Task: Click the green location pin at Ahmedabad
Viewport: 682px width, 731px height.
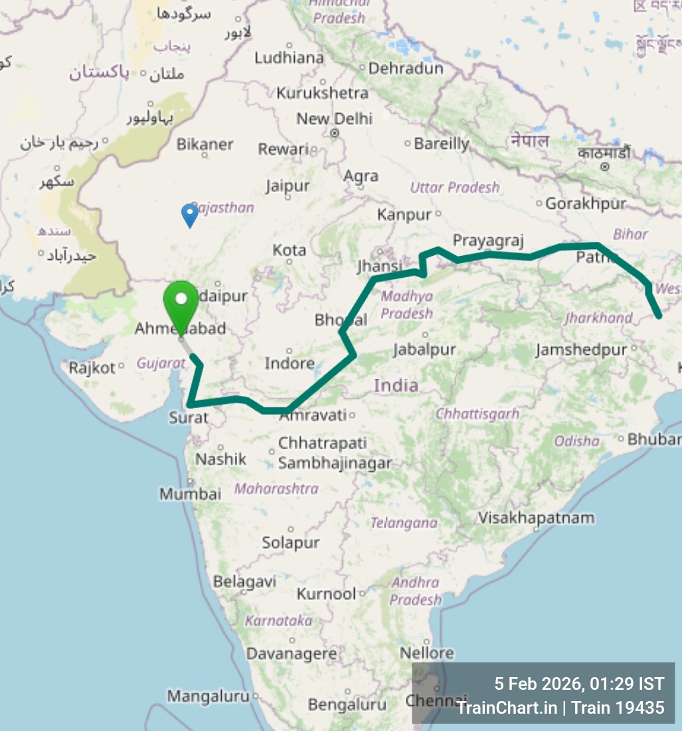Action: point(181,303)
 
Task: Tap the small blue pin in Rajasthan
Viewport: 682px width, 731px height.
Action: point(190,214)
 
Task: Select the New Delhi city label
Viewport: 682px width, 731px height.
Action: point(335,120)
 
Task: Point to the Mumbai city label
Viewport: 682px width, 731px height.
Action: point(190,494)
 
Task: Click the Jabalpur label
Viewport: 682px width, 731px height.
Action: point(424,350)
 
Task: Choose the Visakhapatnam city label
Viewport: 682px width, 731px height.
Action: point(537,518)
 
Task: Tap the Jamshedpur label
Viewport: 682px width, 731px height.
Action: point(581,350)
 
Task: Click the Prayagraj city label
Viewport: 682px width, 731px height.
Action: point(489,241)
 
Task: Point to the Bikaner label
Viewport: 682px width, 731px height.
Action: point(205,144)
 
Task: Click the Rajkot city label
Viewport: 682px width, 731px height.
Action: point(92,367)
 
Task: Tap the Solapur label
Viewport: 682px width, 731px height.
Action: point(291,543)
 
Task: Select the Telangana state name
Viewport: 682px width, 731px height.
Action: point(404,523)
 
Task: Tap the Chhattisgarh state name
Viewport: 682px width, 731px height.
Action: point(477,414)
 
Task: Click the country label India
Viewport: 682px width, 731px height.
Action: point(396,385)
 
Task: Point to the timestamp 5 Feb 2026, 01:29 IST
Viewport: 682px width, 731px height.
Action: point(578,684)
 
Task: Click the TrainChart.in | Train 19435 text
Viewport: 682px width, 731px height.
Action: point(560,708)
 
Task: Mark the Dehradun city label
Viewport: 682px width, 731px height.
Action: point(406,68)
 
